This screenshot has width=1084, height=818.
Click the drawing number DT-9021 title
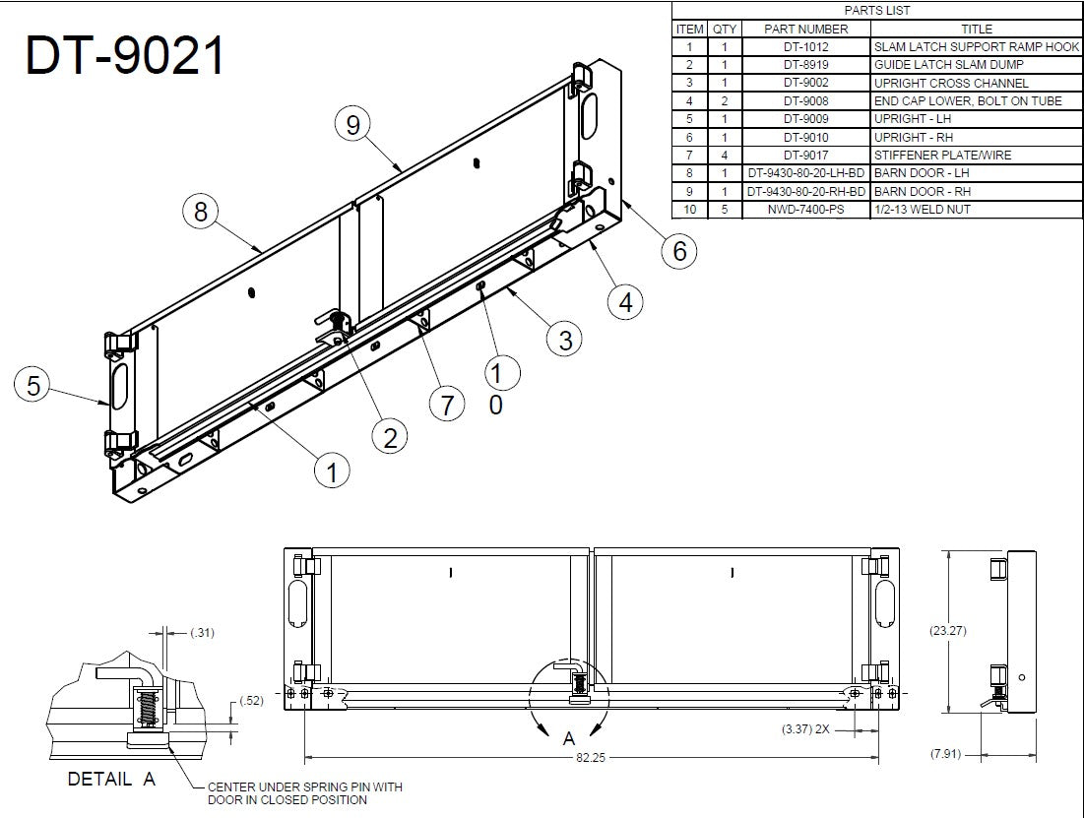(x=125, y=56)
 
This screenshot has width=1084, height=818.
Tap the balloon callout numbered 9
(x=353, y=125)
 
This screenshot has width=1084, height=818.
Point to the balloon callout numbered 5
(x=33, y=387)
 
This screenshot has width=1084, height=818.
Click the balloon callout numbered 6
(x=679, y=251)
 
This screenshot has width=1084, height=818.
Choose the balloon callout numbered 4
(x=625, y=301)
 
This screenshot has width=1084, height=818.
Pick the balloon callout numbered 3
(x=565, y=340)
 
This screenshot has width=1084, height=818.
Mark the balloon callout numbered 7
(x=447, y=405)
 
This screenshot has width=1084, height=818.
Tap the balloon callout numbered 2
(x=390, y=437)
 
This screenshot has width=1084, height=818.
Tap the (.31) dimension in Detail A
(x=202, y=632)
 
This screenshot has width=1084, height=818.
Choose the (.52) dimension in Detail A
(x=254, y=701)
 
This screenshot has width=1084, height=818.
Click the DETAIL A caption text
(x=111, y=780)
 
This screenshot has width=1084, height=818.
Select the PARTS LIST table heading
(x=876, y=11)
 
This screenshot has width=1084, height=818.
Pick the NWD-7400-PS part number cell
(x=806, y=210)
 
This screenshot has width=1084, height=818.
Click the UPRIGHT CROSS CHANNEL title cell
(x=951, y=84)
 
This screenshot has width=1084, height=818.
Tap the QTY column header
(x=724, y=30)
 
